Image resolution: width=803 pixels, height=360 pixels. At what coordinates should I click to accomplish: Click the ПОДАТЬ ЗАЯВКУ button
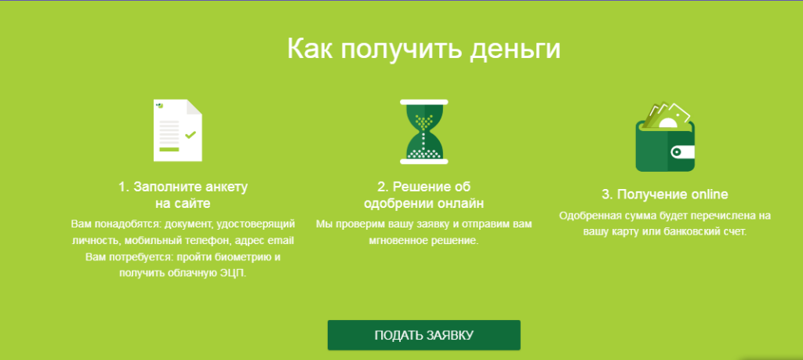[x=424, y=336]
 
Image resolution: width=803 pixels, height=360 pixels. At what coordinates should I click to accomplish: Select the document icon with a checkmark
[x=178, y=130]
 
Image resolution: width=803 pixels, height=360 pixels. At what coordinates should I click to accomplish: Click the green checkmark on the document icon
[x=191, y=135]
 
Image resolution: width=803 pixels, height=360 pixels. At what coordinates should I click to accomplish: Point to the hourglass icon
[x=424, y=132]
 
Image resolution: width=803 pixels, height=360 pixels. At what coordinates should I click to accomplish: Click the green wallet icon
[x=665, y=137]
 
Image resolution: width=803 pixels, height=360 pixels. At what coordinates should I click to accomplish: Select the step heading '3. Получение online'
[x=665, y=195]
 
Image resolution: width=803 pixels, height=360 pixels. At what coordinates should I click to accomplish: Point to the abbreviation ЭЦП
[x=234, y=273]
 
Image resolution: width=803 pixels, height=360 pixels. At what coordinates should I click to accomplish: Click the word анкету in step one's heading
[x=227, y=187]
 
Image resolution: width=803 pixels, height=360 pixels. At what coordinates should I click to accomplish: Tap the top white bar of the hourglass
[x=424, y=102]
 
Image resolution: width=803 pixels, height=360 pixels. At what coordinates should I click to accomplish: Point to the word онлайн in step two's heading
[x=460, y=204]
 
